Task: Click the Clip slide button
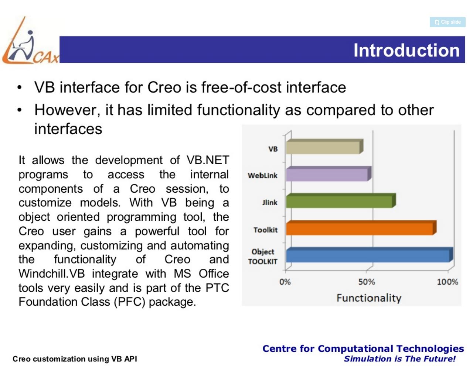(x=447, y=22)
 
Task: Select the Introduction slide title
(x=406, y=50)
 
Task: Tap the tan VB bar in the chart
(x=323, y=147)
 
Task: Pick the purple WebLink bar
(x=327, y=174)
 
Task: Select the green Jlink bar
(x=340, y=202)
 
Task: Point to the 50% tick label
(x=366, y=282)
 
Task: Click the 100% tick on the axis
(x=447, y=282)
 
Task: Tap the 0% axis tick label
(x=285, y=282)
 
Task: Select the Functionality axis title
(x=368, y=298)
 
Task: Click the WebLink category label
(x=262, y=176)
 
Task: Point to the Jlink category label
(x=270, y=203)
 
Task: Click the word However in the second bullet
(x=67, y=110)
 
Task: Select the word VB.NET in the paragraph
(x=208, y=160)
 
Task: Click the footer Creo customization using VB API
(x=75, y=359)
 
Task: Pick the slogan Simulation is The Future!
(x=399, y=359)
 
